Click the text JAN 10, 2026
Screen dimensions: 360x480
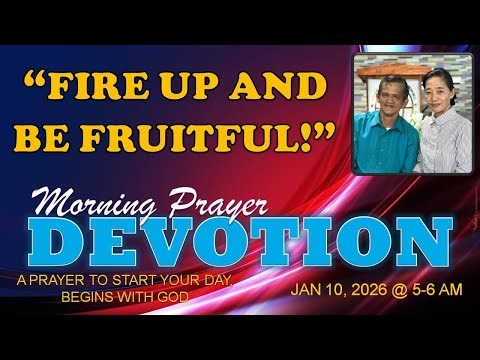point(334,294)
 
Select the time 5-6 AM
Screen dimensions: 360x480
point(429,294)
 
